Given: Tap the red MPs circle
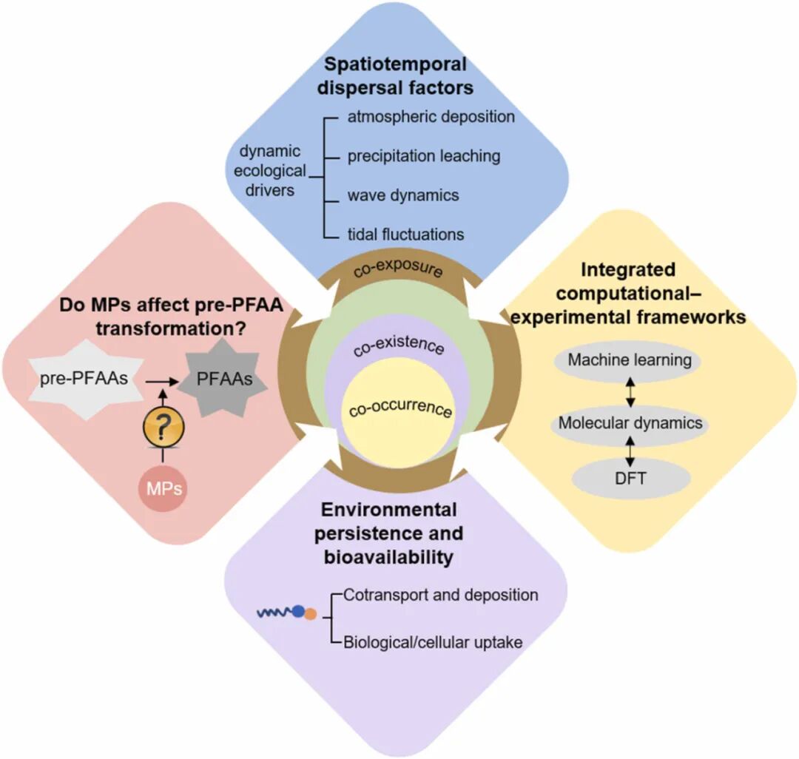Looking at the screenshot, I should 162,489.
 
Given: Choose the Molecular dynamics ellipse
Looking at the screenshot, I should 630,424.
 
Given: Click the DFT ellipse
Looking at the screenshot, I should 630,479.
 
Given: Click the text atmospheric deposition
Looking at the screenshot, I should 431,116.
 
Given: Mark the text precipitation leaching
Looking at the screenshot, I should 424,156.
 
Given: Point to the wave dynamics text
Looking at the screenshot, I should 403,195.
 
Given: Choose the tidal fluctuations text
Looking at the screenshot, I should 406,235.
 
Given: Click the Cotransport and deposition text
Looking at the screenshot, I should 441,595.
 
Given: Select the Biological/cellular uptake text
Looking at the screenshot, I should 433,641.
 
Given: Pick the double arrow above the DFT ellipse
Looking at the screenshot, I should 630,451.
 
